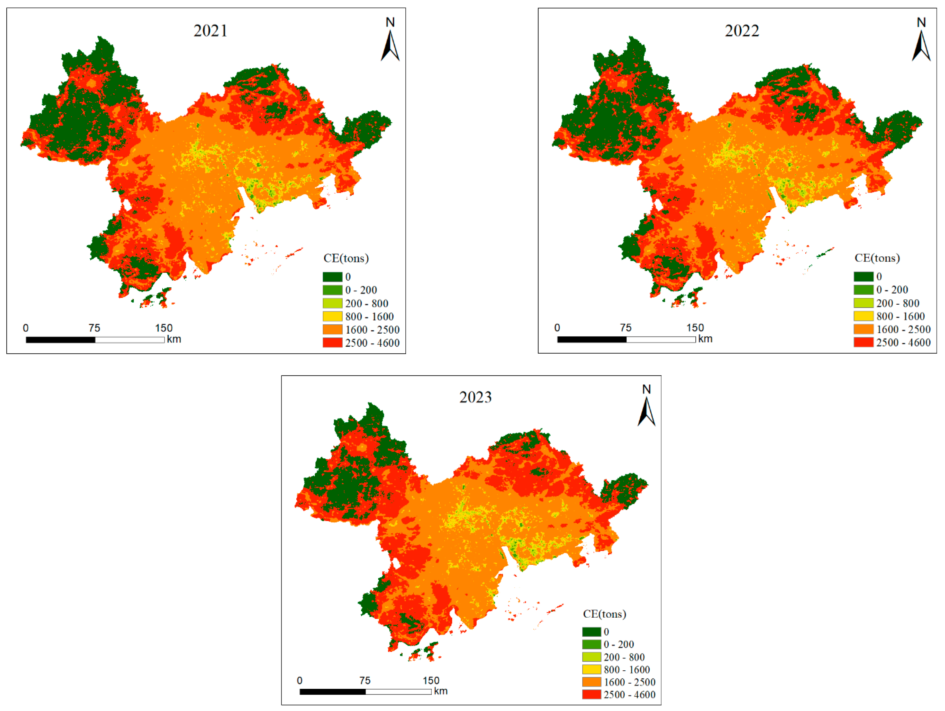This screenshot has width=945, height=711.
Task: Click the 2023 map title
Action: (x=475, y=397)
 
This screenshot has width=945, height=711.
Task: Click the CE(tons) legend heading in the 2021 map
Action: (x=346, y=258)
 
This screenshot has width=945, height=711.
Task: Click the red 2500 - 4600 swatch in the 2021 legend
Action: (x=332, y=342)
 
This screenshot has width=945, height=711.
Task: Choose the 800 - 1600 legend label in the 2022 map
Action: (x=900, y=316)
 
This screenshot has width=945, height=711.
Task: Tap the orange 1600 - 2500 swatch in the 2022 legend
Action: (x=863, y=329)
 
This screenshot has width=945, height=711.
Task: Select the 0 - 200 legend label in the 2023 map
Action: (x=619, y=644)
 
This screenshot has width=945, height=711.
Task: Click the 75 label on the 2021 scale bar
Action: (x=94, y=328)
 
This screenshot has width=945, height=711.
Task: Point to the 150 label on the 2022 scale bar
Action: (x=695, y=328)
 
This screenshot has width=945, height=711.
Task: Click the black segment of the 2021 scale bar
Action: (x=61, y=340)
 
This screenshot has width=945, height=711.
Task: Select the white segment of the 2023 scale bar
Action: (x=398, y=692)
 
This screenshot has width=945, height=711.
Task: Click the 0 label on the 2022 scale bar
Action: (x=557, y=328)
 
